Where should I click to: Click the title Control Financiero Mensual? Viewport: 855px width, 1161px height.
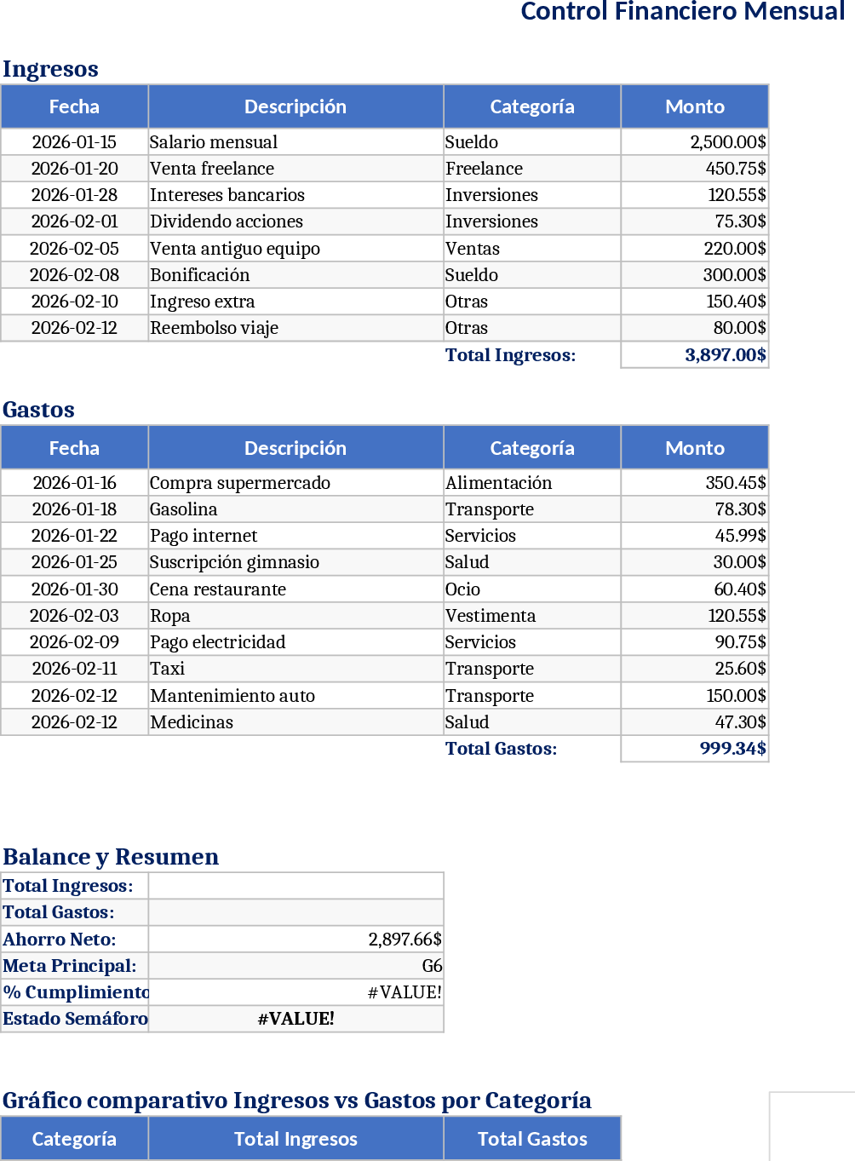click(682, 12)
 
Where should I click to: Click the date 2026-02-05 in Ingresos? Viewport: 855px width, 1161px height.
click(74, 249)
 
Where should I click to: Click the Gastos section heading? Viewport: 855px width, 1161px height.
click(38, 410)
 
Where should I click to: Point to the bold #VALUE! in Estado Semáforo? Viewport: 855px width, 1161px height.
click(296, 1019)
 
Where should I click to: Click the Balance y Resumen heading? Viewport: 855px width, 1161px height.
click(111, 857)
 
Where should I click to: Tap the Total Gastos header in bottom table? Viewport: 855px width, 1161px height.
click(532, 1139)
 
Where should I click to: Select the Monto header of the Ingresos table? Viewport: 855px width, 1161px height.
click(695, 106)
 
